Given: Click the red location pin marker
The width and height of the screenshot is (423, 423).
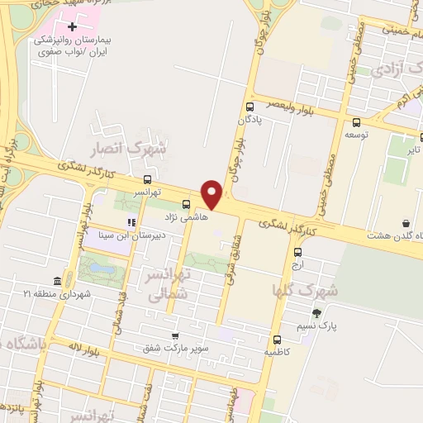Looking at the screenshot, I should tap(212, 193).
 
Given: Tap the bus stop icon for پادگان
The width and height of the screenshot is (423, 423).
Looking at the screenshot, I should tap(250, 107).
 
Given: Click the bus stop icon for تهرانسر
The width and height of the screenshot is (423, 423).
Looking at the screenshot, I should tap(147, 179).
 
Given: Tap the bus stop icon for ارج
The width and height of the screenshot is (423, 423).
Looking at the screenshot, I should tap(297, 245).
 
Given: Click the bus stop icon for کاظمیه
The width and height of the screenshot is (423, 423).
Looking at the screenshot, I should tap(276, 339).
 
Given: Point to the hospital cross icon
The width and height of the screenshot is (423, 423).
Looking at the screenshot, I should tap(73, 27).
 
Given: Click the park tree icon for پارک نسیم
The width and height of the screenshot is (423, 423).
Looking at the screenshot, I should tap(316, 313).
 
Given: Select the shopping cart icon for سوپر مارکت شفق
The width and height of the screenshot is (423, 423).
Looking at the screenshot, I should tap(174, 336).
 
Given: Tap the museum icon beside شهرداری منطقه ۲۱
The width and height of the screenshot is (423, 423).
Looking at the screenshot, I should tap(56, 281).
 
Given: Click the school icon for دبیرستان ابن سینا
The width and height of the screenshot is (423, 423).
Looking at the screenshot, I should tap(131, 222).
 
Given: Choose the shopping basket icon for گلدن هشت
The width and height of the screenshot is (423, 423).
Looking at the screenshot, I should tap(406, 223).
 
